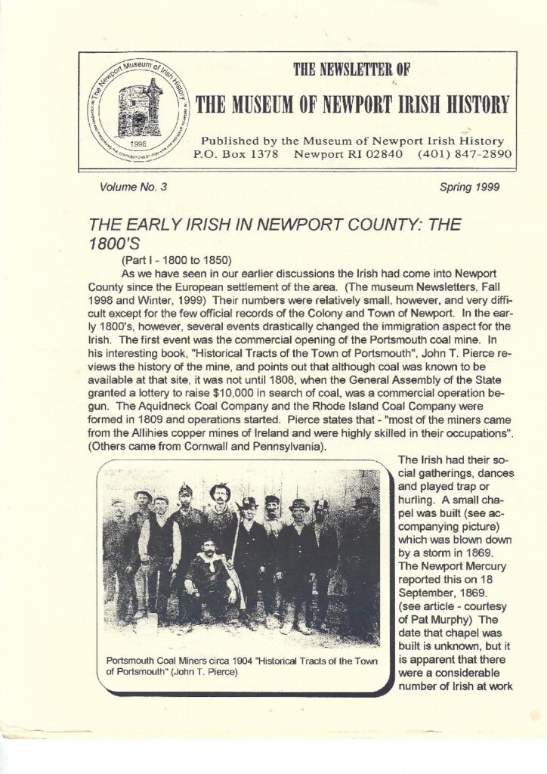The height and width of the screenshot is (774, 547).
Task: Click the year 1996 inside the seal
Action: (x=139, y=141)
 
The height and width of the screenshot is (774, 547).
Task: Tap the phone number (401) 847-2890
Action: (x=465, y=154)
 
